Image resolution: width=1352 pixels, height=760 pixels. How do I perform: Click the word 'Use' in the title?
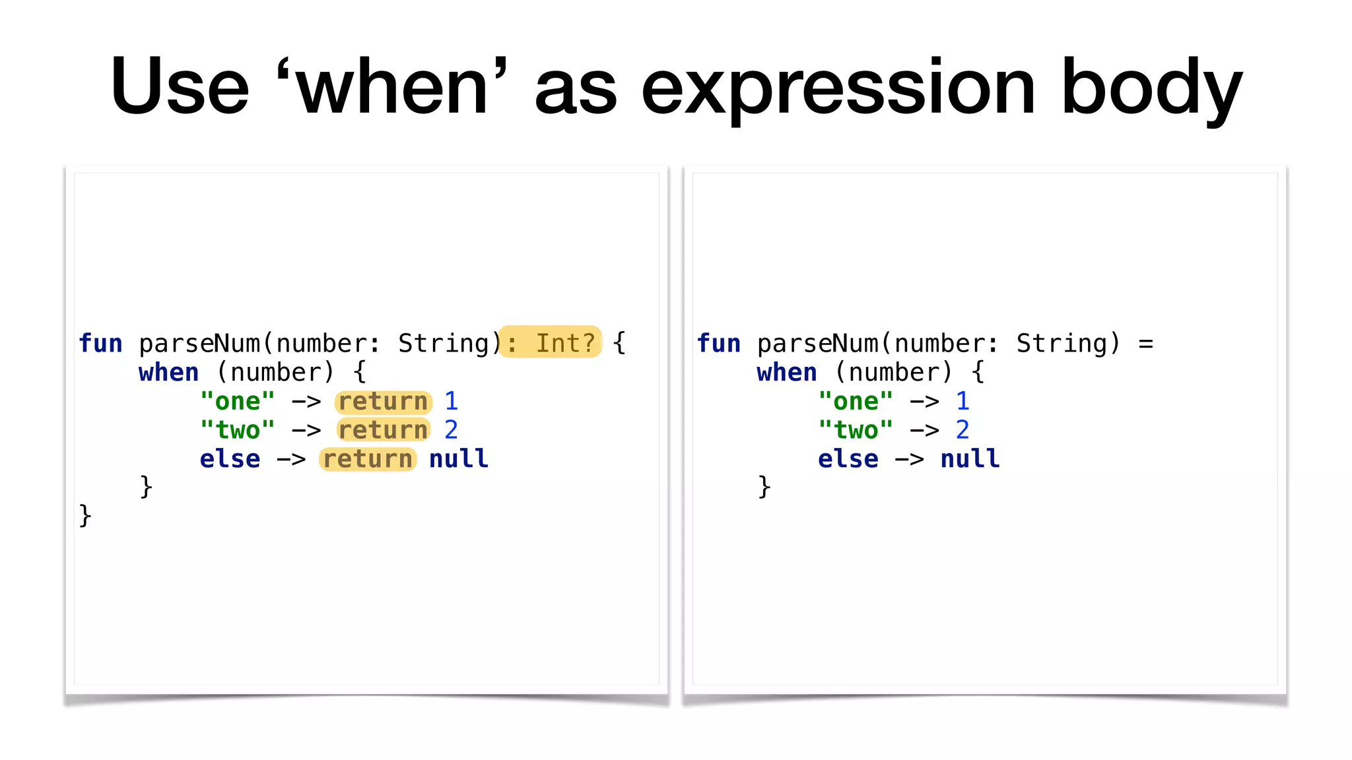pos(180,86)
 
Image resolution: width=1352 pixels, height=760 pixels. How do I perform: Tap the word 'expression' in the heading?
pos(838,89)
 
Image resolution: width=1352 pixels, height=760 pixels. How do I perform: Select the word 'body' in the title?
pos(1151,89)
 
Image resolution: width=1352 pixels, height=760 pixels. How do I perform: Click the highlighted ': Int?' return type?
pos(551,342)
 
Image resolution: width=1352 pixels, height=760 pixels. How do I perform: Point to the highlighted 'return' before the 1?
pos(383,401)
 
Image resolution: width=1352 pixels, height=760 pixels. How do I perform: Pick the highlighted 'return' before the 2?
pos(383,430)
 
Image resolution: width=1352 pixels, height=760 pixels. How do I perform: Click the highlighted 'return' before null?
pos(368,459)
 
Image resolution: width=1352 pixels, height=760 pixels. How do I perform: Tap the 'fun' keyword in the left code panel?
pos(100,344)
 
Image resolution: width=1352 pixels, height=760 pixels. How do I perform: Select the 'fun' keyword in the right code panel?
pos(718,344)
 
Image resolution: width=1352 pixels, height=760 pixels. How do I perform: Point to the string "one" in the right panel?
pos(856,401)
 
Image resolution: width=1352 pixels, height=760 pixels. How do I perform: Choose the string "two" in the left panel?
pos(238,430)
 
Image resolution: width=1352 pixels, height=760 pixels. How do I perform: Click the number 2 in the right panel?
pos(963,430)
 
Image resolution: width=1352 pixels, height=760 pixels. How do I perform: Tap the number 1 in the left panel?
pos(451,401)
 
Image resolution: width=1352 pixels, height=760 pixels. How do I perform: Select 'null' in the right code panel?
pos(970,459)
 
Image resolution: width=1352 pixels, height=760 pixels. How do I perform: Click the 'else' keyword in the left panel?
pos(230,459)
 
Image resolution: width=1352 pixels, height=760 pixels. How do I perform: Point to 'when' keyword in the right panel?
pos(787,373)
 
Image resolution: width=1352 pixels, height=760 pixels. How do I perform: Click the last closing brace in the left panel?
pos(85,515)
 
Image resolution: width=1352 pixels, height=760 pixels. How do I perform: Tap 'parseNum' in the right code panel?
pos(817,344)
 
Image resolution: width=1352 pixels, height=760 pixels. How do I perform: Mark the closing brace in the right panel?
pos(764,487)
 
